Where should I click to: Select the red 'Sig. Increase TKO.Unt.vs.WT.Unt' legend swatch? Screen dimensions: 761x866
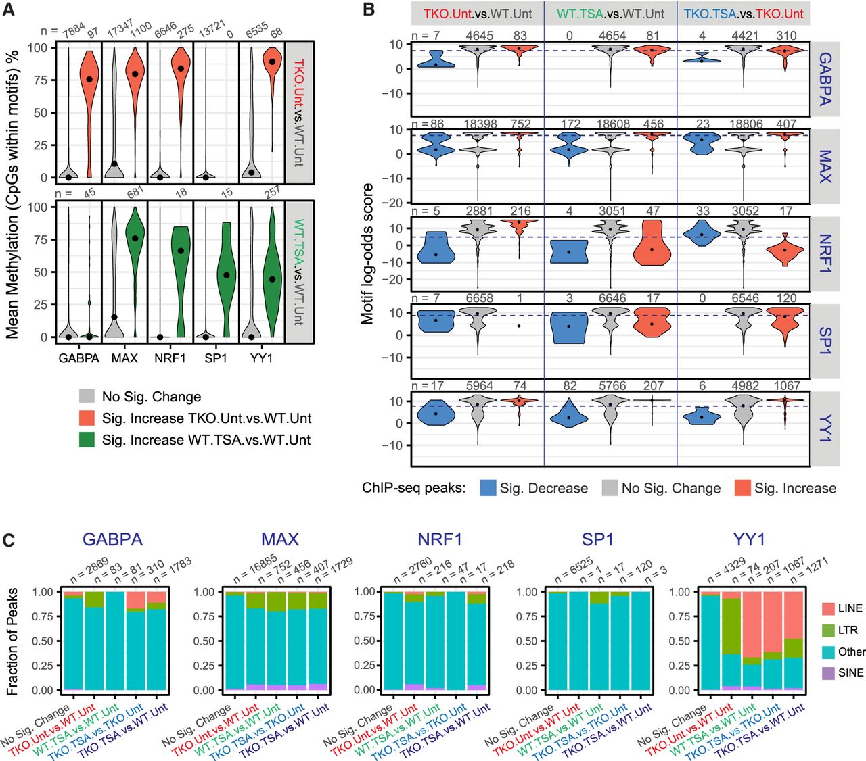pyautogui.click(x=87, y=418)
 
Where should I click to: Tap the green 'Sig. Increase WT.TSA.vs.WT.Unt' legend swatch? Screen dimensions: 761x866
pyautogui.click(x=87, y=440)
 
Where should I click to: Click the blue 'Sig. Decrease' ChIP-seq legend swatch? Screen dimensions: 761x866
pyautogui.click(x=488, y=488)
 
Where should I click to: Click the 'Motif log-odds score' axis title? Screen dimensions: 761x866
pyautogui.click(x=367, y=254)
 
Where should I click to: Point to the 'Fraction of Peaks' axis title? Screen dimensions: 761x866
pyautogui.click(x=12, y=641)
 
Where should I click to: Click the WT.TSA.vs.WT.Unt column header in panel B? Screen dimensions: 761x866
pyautogui.click(x=610, y=14)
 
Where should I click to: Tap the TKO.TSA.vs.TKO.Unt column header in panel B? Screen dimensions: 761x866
pyautogui.click(x=744, y=14)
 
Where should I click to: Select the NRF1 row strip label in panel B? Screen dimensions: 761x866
pyautogui.click(x=825, y=253)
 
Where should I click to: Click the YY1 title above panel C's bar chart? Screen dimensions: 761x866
pyautogui.click(x=749, y=539)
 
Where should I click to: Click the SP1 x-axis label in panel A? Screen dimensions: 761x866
pyautogui.click(x=216, y=358)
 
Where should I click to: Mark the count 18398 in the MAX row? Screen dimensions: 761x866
pyautogui.click(x=480, y=124)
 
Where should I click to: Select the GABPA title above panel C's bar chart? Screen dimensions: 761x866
pyautogui.click(x=112, y=539)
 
